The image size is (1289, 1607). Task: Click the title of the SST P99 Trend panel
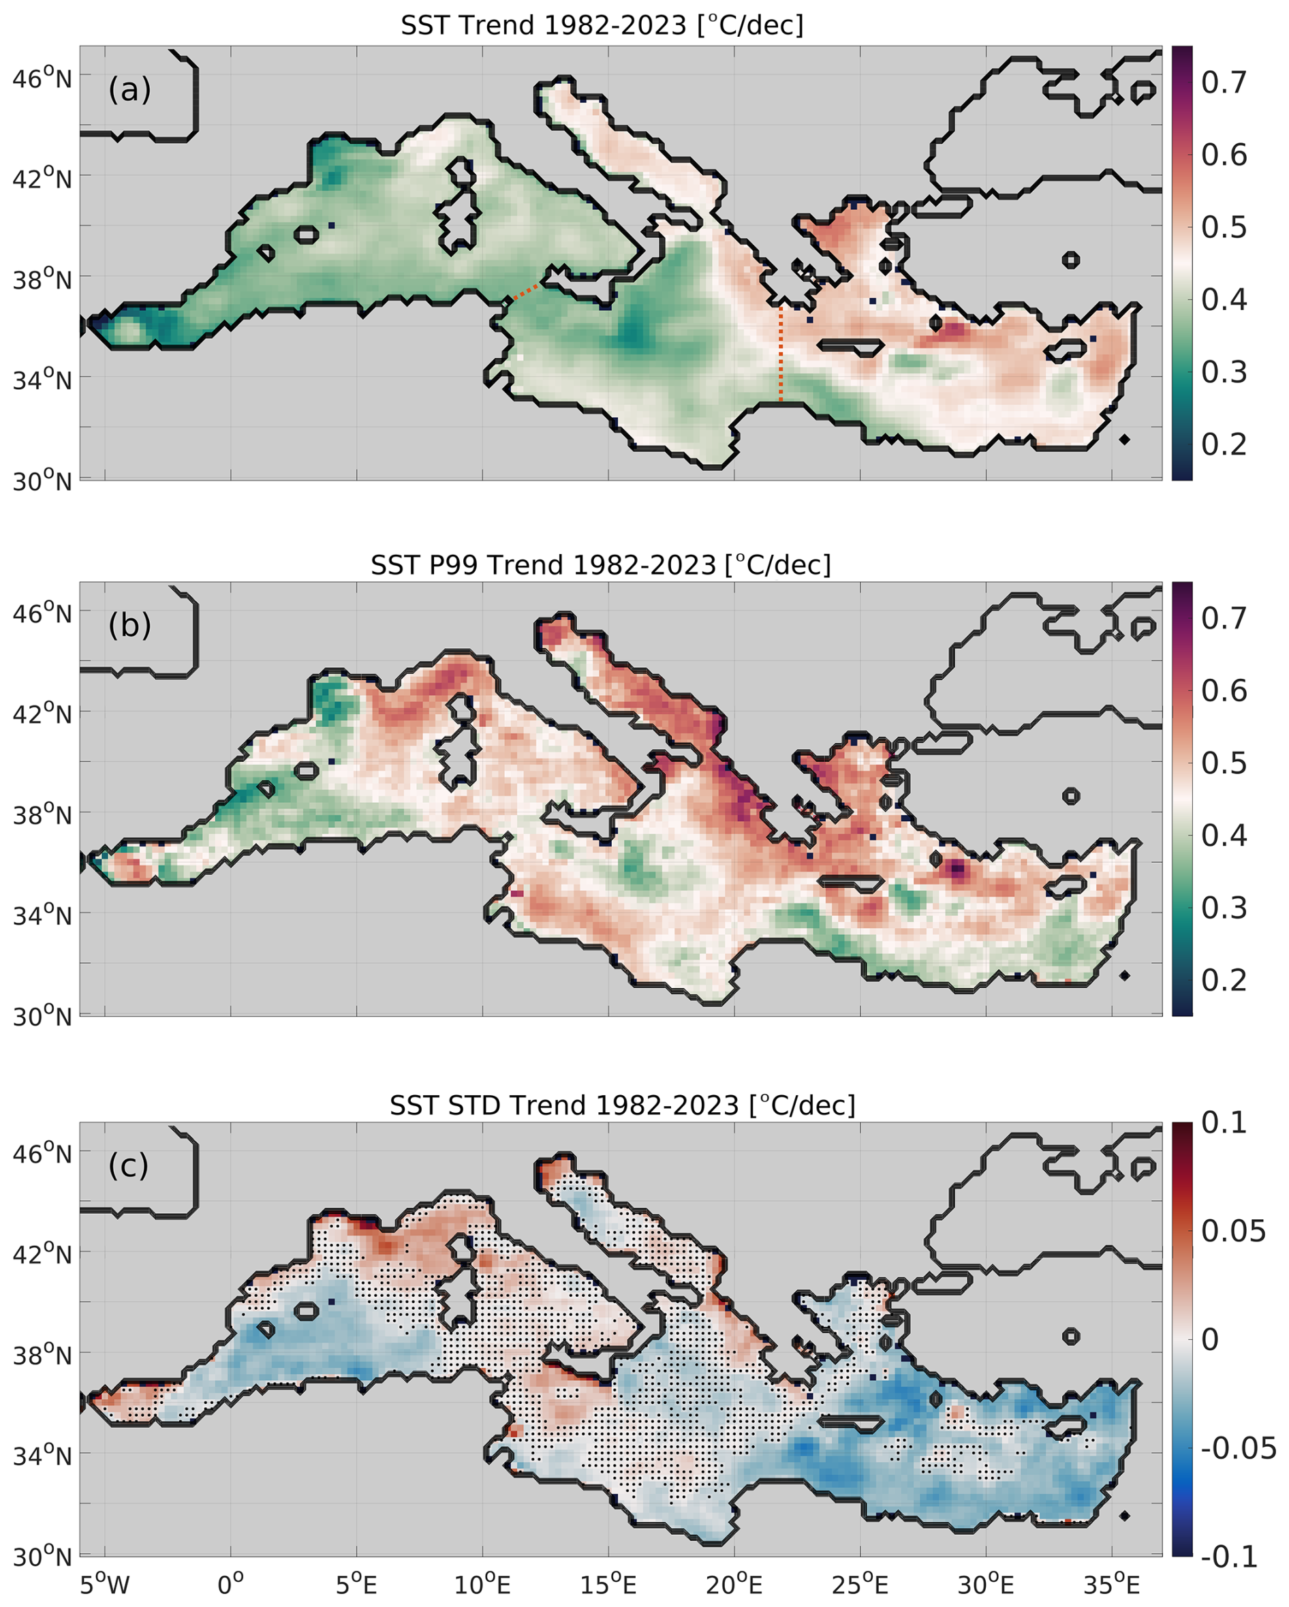pos(600,565)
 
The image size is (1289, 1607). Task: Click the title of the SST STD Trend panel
pos(622,1105)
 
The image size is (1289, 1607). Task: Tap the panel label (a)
pos(129,90)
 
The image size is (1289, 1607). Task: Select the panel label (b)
pos(129,626)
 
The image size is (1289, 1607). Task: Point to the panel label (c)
pos(128,1166)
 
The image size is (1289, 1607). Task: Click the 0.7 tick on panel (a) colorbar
pos(1224,82)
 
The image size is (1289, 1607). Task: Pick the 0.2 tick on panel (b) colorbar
pos(1224,981)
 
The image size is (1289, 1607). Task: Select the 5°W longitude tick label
pos(104,1583)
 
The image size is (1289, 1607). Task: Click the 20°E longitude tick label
pos(734,1583)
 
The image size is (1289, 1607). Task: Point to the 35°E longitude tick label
pos(1113,1583)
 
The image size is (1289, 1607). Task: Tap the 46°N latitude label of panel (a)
pos(42,78)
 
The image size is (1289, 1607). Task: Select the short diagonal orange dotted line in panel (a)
pos(526,292)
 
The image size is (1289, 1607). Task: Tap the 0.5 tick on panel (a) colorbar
pos(1224,228)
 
